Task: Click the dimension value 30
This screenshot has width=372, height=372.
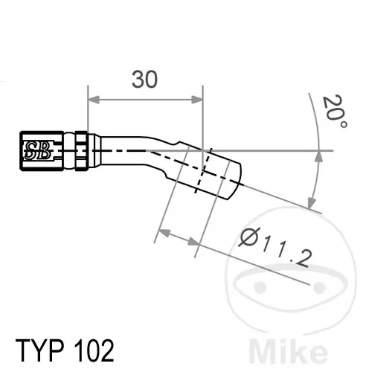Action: (x=144, y=80)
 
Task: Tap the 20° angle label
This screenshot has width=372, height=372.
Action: (x=335, y=111)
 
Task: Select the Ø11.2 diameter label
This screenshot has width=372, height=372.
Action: (x=276, y=247)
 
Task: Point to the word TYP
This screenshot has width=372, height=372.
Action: (x=40, y=350)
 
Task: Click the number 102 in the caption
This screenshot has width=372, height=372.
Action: (x=94, y=350)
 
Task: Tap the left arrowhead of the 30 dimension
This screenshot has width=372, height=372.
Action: (x=94, y=100)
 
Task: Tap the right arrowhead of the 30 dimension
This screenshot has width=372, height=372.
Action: (x=197, y=100)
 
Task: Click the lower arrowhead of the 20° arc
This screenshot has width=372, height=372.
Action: (x=312, y=202)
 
